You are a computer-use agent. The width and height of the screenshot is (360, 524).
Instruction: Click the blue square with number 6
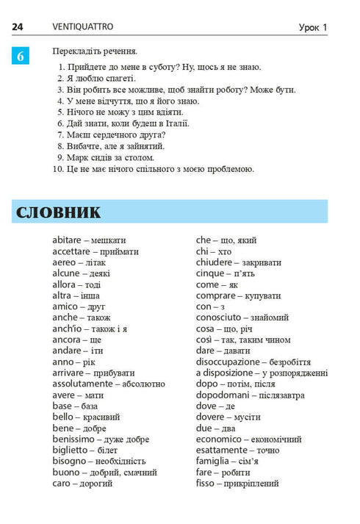pos(20,56)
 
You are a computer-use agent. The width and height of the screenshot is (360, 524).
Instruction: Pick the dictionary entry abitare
pos(69,240)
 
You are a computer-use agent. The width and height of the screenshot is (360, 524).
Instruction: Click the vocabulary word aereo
pos(65,262)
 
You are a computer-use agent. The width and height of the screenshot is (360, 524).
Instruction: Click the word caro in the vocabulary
pos(62,484)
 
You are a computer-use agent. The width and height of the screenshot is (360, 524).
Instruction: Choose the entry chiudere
pos(215,262)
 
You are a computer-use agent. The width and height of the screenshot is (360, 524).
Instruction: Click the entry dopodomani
pos(222,395)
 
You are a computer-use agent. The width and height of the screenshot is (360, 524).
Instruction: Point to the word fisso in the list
pos(208,484)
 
